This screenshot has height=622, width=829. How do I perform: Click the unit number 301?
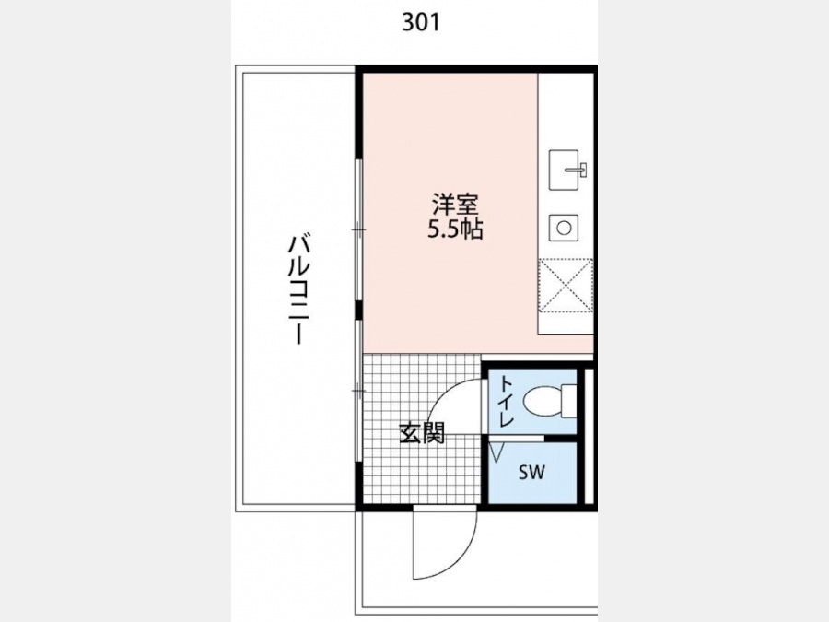point(421,22)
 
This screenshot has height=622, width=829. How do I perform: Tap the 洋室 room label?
point(455,205)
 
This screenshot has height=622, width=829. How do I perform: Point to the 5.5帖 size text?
point(455,229)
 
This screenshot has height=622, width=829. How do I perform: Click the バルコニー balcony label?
point(298,289)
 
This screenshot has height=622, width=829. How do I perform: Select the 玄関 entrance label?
point(422,433)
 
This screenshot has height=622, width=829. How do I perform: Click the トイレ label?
point(506,401)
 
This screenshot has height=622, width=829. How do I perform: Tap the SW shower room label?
point(531,472)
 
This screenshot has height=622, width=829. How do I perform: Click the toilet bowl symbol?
point(542,401)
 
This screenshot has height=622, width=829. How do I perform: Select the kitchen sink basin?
point(564,170)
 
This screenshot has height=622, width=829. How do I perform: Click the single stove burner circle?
point(564,228)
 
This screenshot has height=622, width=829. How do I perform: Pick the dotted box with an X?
point(566,286)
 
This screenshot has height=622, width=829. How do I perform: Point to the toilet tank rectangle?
point(569,401)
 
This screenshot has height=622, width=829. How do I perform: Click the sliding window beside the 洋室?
point(359,230)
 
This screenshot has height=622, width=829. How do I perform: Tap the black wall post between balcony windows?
point(359,311)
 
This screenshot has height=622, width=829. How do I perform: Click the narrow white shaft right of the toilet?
point(588,437)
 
